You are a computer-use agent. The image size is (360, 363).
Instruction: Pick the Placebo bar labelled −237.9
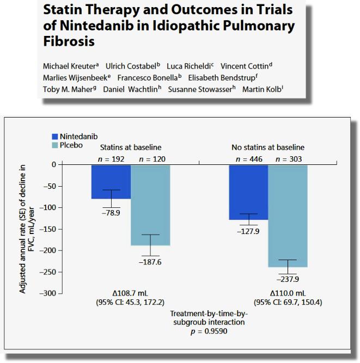pos(288,216)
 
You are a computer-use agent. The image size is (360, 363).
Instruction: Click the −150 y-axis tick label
pos(48,229)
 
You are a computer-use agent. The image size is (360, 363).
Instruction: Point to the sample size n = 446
pos(248,159)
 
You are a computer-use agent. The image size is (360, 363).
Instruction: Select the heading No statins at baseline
pos(267,147)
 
